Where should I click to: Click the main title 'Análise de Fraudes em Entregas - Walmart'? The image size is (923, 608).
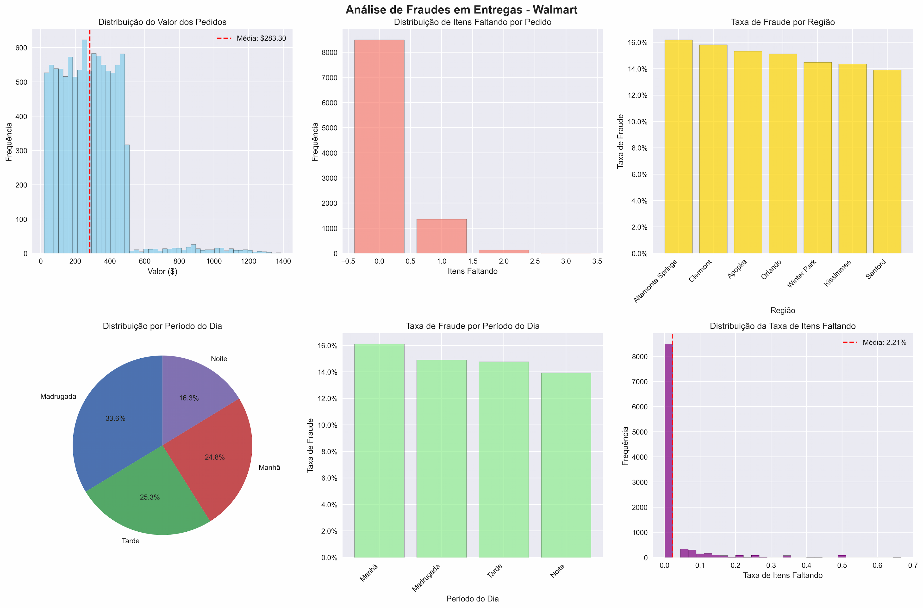point(461,10)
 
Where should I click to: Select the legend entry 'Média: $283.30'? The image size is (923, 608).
point(261,38)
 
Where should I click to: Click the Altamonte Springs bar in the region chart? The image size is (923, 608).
point(678,147)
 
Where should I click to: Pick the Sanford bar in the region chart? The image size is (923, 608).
point(887,162)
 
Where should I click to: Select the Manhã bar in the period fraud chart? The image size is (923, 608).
point(379,451)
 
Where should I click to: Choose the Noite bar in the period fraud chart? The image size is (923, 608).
point(566,465)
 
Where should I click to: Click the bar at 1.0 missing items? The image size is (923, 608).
point(442,236)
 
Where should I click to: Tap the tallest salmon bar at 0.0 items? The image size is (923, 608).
point(379,147)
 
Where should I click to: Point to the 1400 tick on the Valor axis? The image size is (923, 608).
point(283,261)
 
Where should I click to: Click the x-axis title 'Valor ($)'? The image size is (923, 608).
point(162,271)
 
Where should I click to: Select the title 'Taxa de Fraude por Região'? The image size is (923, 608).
point(783,22)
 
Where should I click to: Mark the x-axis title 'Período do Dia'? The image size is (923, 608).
point(473,599)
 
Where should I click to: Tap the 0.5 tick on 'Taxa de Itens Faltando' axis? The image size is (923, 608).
point(842,565)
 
